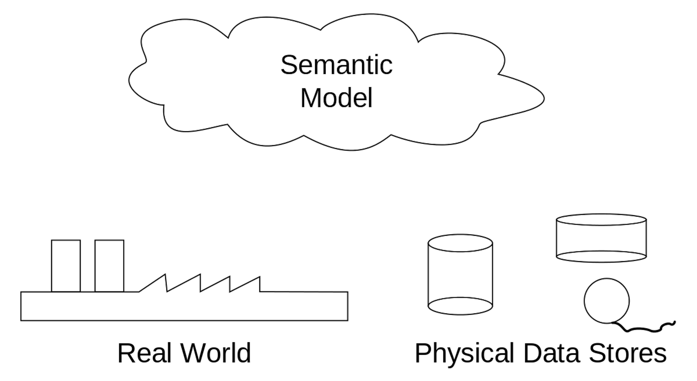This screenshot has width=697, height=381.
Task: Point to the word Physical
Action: (464, 353)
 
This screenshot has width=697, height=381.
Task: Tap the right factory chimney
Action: (109, 265)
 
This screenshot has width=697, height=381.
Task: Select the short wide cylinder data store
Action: (601, 238)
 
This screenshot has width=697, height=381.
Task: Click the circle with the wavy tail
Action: (607, 301)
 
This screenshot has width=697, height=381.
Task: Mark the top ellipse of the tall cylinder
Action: (460, 243)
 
